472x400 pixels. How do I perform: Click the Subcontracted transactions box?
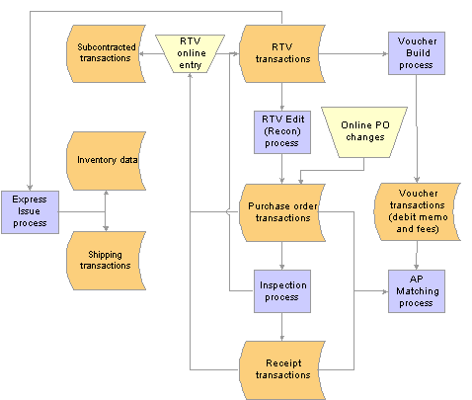106,53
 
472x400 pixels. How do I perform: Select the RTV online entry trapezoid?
190,53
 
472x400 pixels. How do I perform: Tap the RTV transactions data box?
282,53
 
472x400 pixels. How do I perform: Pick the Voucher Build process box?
417,53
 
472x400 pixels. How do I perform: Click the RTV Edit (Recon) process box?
282,131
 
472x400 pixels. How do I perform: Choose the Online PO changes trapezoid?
364,131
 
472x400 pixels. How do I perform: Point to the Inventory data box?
106,161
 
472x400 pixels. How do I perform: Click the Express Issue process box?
30,212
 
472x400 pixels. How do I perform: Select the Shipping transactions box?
106,261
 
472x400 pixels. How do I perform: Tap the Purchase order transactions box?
282,212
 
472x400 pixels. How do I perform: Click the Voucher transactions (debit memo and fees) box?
417,211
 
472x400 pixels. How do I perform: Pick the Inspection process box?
282,291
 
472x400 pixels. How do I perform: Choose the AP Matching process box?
417,291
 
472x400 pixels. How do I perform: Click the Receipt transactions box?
282,370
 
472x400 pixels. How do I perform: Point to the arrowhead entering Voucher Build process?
385,53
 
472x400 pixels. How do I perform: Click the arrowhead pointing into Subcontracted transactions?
142,53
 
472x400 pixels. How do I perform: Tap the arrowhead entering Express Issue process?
30,188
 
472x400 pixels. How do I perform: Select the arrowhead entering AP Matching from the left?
385,291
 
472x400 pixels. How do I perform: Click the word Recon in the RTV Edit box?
282,131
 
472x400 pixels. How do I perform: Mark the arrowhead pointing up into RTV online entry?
190,76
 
